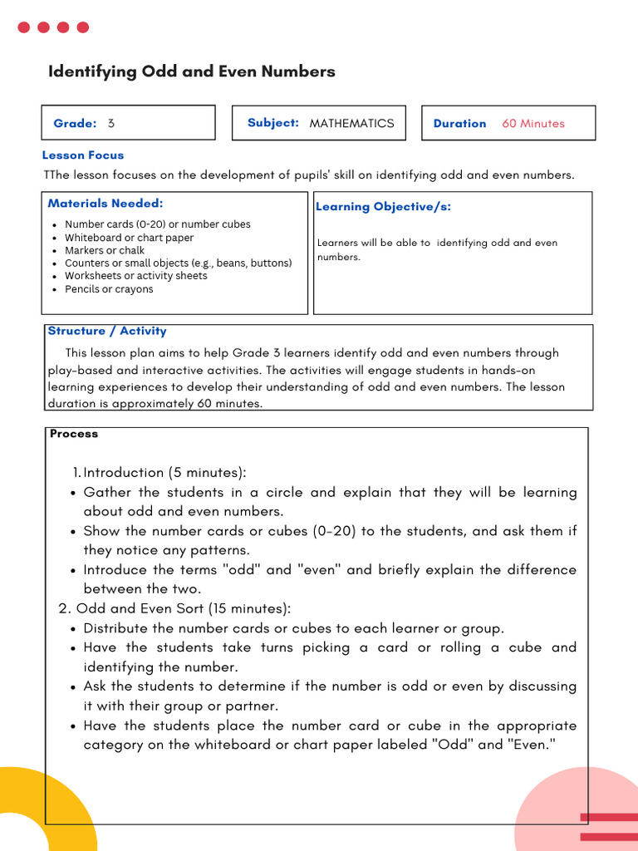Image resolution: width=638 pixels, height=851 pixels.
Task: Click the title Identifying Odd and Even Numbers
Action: pyautogui.click(x=192, y=71)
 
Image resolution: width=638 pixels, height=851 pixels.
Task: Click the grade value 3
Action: pyautogui.click(x=111, y=123)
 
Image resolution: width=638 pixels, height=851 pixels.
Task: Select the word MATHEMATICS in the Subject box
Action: pyautogui.click(x=351, y=123)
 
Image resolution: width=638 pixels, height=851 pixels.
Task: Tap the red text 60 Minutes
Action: pyautogui.click(x=532, y=123)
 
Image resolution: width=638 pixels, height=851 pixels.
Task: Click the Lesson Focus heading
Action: pyautogui.click(x=83, y=155)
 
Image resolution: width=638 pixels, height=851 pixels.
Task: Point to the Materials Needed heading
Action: pyautogui.click(x=106, y=203)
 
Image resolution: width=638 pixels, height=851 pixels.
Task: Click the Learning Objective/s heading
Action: pyautogui.click(x=383, y=207)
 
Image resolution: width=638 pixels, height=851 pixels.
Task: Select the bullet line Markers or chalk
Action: pyautogui.click(x=105, y=250)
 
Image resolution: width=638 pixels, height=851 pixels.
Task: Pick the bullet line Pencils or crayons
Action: pyautogui.click(x=109, y=289)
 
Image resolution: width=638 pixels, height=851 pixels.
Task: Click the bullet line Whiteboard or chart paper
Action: pyautogui.click(x=129, y=238)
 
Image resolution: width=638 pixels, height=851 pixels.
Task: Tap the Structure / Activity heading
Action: pyautogui.click(x=107, y=331)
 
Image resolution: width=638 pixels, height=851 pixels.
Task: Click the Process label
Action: pyautogui.click(x=74, y=434)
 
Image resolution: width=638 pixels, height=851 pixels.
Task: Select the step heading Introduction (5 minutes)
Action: pyautogui.click(x=165, y=472)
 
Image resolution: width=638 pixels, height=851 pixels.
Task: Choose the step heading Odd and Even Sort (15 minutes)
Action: pyautogui.click(x=183, y=608)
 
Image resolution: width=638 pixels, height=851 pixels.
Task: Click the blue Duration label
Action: pyautogui.click(x=459, y=123)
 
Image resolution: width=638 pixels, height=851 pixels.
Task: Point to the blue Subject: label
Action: pyautogui.click(x=272, y=123)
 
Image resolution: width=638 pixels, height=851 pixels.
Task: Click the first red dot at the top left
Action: pyautogui.click(x=24, y=27)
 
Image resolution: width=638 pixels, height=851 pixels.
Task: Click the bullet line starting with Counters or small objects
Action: pyautogui.click(x=178, y=263)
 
